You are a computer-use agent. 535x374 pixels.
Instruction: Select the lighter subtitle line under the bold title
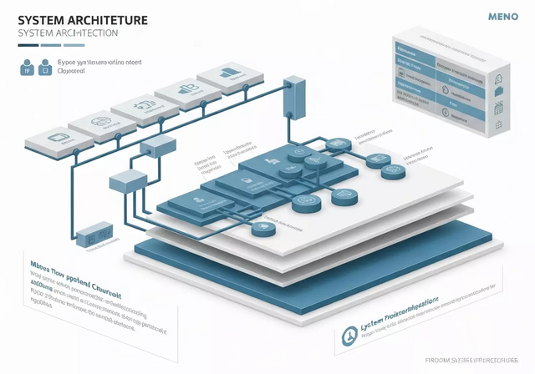(x=66, y=33)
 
